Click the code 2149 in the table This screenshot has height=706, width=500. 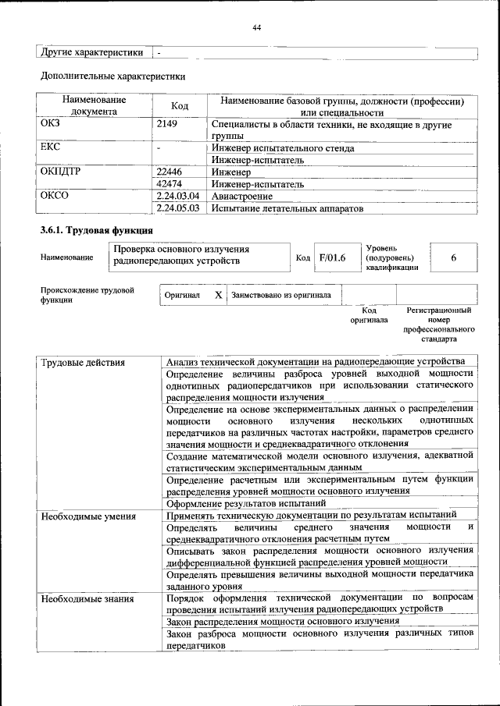click(167, 124)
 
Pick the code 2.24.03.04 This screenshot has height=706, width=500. click(178, 196)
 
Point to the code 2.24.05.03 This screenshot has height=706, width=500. click(178, 208)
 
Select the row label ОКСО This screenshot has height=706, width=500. click(55, 196)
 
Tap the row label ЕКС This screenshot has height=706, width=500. click(50, 147)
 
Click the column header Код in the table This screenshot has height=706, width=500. click(180, 106)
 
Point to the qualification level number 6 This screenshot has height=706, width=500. click(453, 257)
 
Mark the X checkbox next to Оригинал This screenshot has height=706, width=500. click(219, 296)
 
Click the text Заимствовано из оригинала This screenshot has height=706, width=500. click(280, 296)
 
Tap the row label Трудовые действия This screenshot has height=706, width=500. click(83, 362)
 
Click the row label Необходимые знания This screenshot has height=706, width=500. click(87, 598)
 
